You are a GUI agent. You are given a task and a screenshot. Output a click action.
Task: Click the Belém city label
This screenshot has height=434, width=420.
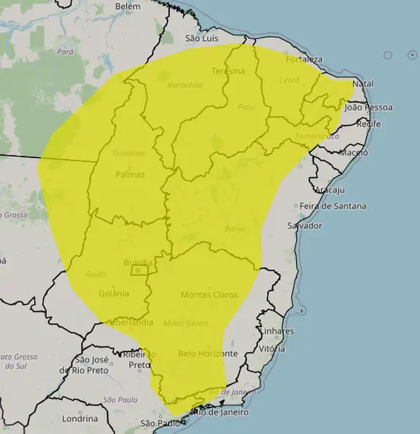pyautogui.click(x=127, y=6)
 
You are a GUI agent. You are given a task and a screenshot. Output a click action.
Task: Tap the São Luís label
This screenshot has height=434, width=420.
pyautogui.click(x=202, y=38)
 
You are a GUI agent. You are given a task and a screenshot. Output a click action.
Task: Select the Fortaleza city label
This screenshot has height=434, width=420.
pyautogui.click(x=304, y=59)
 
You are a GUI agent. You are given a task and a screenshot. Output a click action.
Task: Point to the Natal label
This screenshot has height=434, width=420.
pyautogui.click(x=363, y=84)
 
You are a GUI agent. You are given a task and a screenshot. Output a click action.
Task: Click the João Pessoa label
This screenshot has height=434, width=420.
pyautogui.click(x=368, y=107)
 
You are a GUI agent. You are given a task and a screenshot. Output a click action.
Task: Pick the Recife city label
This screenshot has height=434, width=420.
pyautogui.click(x=368, y=124)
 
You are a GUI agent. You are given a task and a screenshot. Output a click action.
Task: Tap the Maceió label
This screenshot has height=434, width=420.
pyautogui.click(x=354, y=153)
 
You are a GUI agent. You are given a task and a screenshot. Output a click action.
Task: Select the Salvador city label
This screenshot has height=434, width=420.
pyautogui.click(x=304, y=225)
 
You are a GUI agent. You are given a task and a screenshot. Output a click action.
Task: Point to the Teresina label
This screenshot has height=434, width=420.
pyautogui.click(x=228, y=71)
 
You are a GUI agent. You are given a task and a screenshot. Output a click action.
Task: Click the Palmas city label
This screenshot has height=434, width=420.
pyautogui.click(x=130, y=175)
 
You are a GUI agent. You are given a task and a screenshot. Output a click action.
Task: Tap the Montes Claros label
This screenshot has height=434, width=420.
pyautogui.click(x=209, y=295)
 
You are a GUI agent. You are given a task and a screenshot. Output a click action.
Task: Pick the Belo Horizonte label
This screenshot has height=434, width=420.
pyautogui.click(x=208, y=354)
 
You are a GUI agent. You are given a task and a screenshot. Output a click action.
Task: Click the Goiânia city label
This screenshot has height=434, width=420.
pyautogui.click(x=114, y=293)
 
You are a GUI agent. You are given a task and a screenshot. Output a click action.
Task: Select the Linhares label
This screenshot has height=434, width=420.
pyautogui.click(x=277, y=331)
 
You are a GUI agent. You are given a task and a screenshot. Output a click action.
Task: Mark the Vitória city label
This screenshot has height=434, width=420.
pyautogui.click(x=272, y=349)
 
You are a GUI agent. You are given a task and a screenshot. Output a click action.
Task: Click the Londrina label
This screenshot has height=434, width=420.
pyautogui.click(x=80, y=419)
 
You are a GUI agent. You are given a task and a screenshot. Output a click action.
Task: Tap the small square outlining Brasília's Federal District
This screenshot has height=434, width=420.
pyautogui.click(x=139, y=270)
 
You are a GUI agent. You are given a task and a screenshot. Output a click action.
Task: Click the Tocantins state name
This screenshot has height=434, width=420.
pyautogui.click(x=128, y=153)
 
